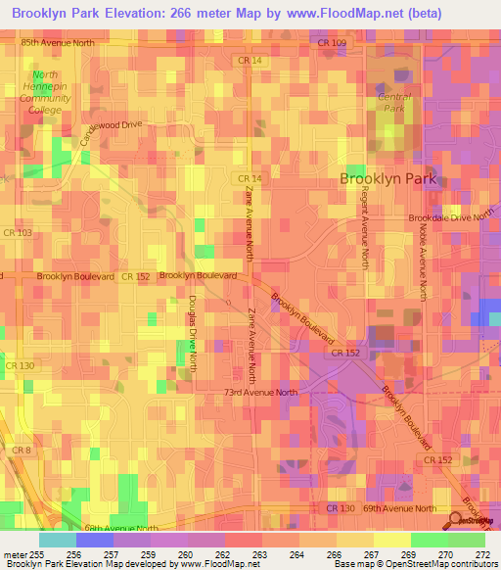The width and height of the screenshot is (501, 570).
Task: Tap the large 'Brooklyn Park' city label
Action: [387, 179]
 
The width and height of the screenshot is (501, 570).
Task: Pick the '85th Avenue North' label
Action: [58, 43]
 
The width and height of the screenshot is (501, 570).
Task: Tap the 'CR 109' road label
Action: [333, 43]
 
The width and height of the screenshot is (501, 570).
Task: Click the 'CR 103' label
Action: [18, 232]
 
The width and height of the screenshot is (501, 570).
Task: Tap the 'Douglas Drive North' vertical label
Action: [193, 333]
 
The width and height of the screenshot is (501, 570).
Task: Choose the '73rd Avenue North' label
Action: [258, 392]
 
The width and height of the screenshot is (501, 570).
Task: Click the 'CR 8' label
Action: [22, 450]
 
